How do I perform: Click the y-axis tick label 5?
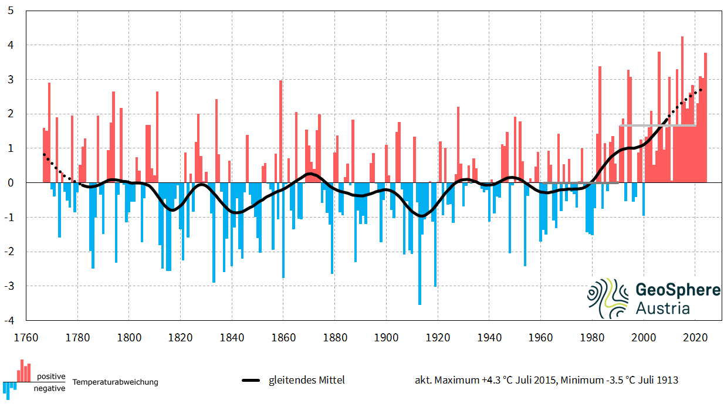pos(11,11)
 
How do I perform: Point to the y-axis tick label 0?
pos(11,183)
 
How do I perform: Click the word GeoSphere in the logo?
pos(678,291)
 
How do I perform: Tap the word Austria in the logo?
pos(662,308)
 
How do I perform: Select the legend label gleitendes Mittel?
pos(306,381)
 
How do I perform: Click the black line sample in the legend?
pos(251,381)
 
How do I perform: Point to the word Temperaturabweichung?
pos(115,382)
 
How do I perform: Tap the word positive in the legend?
pos(51,377)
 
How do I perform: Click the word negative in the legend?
pos(50,388)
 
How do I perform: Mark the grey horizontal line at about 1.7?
pos(657,125)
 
